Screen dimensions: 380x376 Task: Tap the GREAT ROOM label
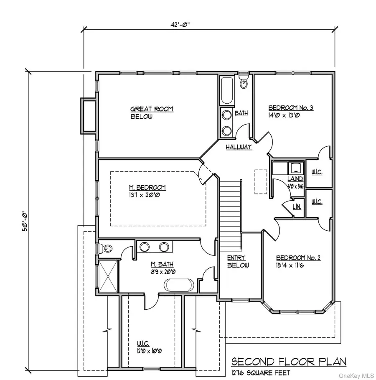click(146, 109)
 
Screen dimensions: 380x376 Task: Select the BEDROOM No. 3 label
click(291, 107)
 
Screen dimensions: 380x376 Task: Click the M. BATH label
click(162, 264)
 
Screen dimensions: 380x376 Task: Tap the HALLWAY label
click(239, 147)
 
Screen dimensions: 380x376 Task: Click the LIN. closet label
click(297, 207)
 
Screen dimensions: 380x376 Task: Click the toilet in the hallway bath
click(244, 83)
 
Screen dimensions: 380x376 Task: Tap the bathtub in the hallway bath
click(227, 91)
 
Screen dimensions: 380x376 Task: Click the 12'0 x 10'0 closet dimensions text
click(145, 351)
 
